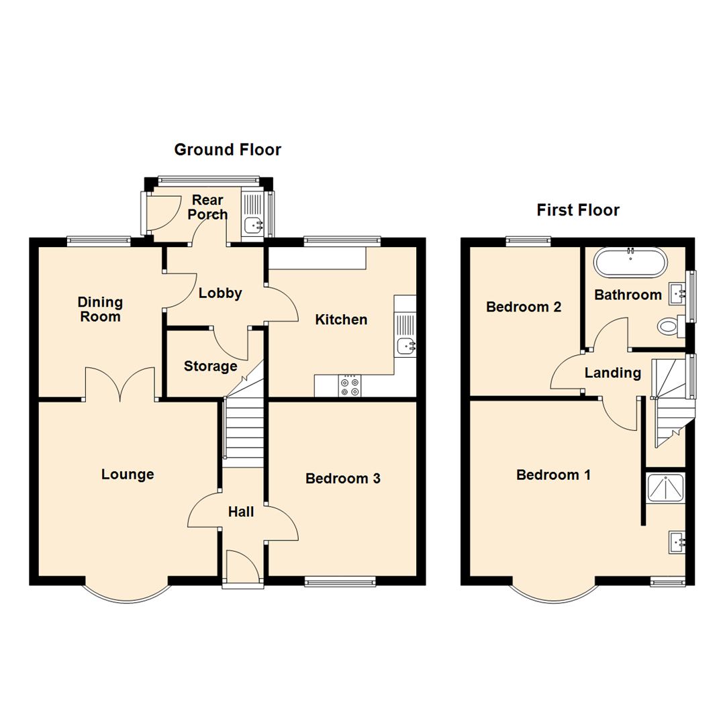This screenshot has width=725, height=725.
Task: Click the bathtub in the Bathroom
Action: (x=631, y=262)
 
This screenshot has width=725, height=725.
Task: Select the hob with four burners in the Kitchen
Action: (x=350, y=385)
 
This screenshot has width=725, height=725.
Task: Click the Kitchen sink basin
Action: (x=405, y=346)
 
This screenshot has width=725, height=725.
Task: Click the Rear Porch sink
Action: (x=252, y=224)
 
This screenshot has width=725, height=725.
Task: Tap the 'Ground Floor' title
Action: (x=228, y=150)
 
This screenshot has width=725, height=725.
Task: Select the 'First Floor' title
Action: (x=577, y=210)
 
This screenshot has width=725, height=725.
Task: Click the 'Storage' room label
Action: (x=211, y=367)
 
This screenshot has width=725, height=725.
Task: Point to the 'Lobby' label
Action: (x=220, y=293)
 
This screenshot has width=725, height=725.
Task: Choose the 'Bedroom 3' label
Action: (x=343, y=479)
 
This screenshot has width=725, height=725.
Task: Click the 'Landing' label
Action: (x=612, y=373)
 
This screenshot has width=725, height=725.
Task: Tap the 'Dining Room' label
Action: (x=99, y=309)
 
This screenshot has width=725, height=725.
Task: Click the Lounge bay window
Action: (x=126, y=592)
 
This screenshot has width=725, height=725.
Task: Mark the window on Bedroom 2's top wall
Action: (x=528, y=240)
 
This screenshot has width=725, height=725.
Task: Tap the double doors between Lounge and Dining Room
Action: (x=122, y=383)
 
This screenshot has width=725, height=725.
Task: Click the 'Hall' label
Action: (x=241, y=512)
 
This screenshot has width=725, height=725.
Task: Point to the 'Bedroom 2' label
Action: (x=524, y=307)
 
